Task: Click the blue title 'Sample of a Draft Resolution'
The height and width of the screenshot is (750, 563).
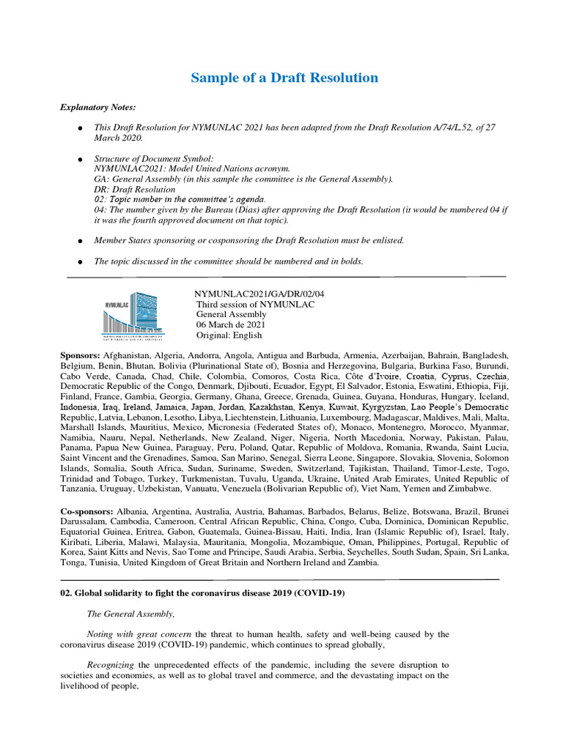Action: (x=284, y=78)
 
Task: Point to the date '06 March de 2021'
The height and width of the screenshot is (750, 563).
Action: (x=231, y=324)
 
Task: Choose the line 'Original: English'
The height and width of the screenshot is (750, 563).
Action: (x=229, y=335)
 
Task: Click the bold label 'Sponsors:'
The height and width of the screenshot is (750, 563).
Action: (x=80, y=354)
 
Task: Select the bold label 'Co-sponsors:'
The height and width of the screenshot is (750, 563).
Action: (x=87, y=510)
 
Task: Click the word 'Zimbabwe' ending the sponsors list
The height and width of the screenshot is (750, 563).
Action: (x=468, y=488)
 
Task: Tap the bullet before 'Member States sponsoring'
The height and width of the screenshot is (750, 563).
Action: (x=78, y=240)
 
